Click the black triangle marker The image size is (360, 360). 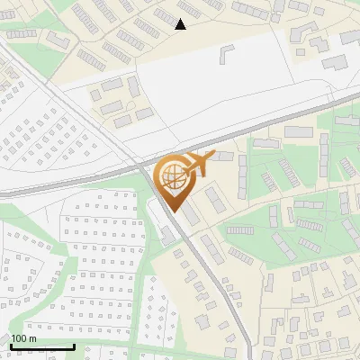click(x=181, y=24)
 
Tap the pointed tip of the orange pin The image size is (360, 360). click(x=175, y=211)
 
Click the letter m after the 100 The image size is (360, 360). click(x=32, y=338)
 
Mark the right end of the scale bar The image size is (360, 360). click(x=74, y=346)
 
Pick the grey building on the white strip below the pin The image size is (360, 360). click(x=167, y=236)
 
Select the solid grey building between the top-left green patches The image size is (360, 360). click(x=58, y=40)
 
